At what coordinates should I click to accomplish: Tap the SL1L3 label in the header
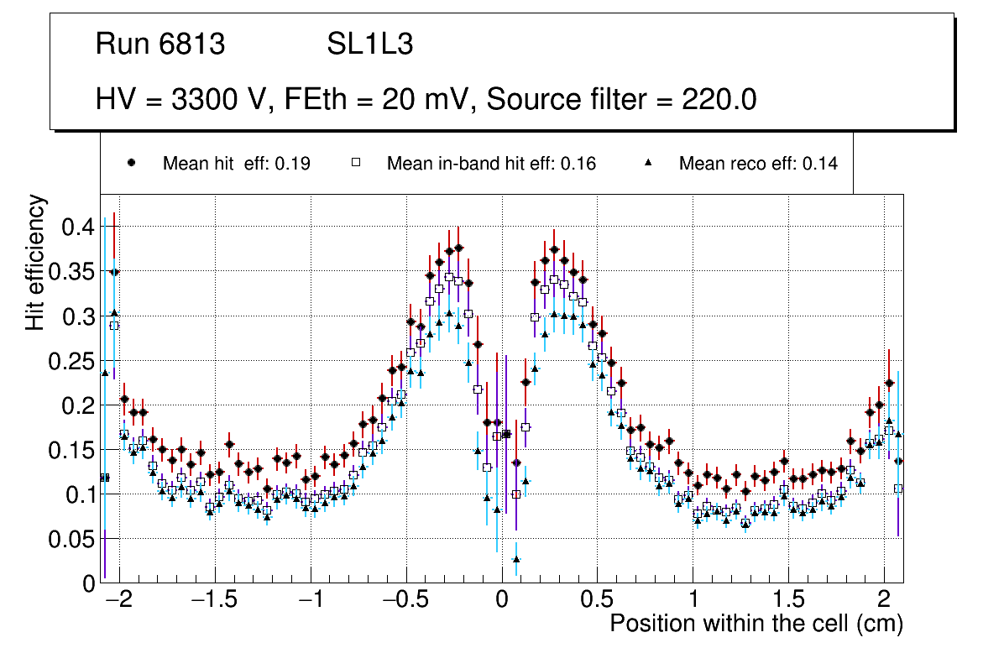pyautogui.click(x=369, y=44)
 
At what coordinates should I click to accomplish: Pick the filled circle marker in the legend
pyautogui.click(x=132, y=163)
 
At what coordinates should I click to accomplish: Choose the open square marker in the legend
pyautogui.click(x=356, y=163)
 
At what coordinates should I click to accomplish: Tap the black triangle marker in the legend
pyautogui.click(x=648, y=163)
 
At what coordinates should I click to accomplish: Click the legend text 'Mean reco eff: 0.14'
pyautogui.click(x=758, y=164)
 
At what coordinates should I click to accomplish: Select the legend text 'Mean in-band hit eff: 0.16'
pyautogui.click(x=491, y=164)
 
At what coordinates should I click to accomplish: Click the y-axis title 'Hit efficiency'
pyautogui.click(x=35, y=262)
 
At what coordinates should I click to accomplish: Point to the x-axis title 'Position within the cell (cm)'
pyautogui.click(x=756, y=624)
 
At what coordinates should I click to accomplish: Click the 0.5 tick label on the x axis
pyautogui.click(x=598, y=600)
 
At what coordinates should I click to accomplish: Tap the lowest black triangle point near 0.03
pyautogui.click(x=516, y=559)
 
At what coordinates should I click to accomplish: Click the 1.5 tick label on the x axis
pyautogui.click(x=788, y=600)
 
